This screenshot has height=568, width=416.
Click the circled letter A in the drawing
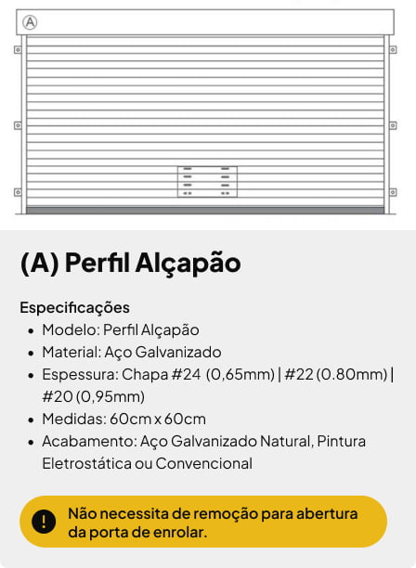click(30, 22)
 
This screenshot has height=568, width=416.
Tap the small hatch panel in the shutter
click(206, 181)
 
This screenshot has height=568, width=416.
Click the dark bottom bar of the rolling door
click(205, 211)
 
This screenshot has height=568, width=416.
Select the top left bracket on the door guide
click(18, 49)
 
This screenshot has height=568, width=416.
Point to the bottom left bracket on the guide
click(18, 192)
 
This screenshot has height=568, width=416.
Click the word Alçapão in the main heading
click(188, 263)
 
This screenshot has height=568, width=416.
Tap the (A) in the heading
click(40, 263)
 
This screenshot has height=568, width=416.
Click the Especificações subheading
click(74, 307)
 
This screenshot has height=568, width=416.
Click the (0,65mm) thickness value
click(240, 374)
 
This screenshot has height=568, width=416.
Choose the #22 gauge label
click(299, 374)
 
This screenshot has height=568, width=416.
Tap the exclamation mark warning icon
click(44, 522)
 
